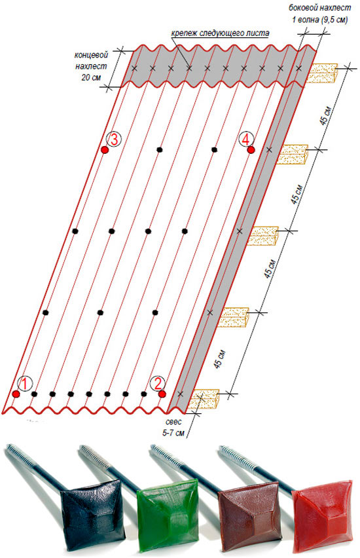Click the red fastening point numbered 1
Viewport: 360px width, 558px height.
pos(16,394)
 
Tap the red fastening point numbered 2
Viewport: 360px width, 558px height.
pos(162,394)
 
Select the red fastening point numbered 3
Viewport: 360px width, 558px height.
pos(104,150)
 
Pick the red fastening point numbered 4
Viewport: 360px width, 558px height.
pos(251,150)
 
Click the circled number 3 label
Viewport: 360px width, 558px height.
pos(114,139)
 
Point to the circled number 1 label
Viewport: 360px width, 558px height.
pos(25,383)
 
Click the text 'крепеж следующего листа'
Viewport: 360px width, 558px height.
pos(220,33)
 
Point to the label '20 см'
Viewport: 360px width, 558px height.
pos(91,77)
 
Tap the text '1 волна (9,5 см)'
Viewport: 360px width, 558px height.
pos(320,20)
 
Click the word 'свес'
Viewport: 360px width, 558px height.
pos(173,422)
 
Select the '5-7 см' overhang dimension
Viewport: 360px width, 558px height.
pos(173,433)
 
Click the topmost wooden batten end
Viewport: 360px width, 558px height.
pos(322,73)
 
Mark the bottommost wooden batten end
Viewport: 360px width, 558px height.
pos(204,399)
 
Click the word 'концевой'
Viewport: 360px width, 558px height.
pos(91,55)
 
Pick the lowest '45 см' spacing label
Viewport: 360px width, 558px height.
pos(219,360)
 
